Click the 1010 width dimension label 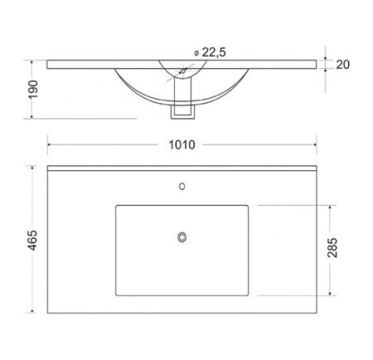click(182, 145)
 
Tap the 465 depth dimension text click(33, 240)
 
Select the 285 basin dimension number click(332, 247)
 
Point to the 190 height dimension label click(33, 90)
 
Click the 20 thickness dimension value click(343, 65)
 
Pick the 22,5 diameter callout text click(214, 52)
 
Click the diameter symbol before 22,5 click(196, 53)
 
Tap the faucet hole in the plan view click(182, 187)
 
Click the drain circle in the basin click(182, 237)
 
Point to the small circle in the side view click(182, 71)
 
